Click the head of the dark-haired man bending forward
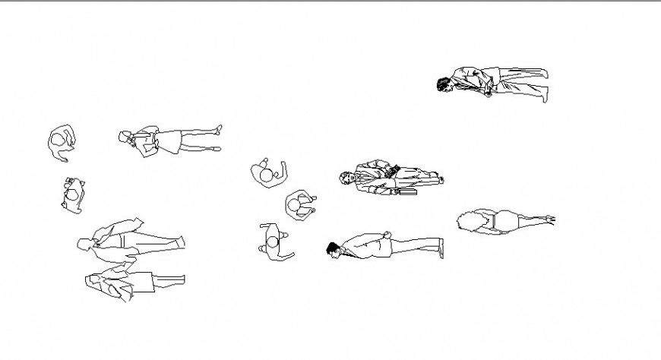click(x=444, y=84)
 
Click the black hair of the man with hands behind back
click(x=333, y=248)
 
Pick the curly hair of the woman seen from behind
click(x=469, y=221)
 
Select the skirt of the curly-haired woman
click(x=507, y=221)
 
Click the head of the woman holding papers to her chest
click(x=125, y=137)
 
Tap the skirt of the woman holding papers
click(x=169, y=141)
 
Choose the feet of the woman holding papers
click(x=217, y=138)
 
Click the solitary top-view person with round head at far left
click(x=59, y=141)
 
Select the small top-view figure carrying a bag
click(x=73, y=195)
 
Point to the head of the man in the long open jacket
click(x=84, y=244)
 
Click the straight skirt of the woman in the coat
click(x=143, y=282)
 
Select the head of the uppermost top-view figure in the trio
click(x=266, y=175)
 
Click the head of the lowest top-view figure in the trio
click(x=272, y=243)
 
